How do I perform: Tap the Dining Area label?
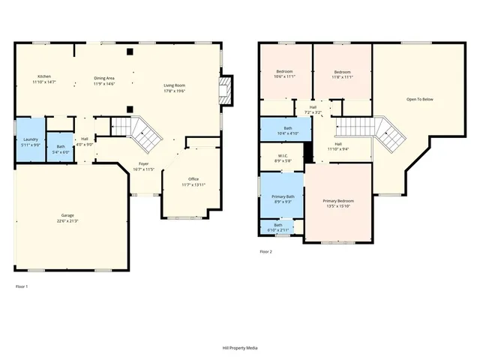pos(103,80)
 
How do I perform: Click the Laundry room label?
pos(31,142)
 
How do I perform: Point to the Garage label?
pos(67,218)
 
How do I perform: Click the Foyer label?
pos(144,166)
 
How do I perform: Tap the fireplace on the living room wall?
pos(223,91)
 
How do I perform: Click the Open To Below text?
pos(420,99)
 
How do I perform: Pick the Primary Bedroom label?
pos(339,204)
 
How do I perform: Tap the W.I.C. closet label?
pos(280,157)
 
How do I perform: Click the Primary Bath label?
pos(283,199)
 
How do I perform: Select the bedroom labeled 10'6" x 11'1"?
pos(285,74)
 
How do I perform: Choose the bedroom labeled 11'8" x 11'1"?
pos(342,74)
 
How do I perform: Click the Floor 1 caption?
pos(22,286)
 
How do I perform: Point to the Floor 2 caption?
pos(265,252)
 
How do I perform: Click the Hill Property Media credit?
pos(240,348)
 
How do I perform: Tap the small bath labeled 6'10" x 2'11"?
pos(278,226)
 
